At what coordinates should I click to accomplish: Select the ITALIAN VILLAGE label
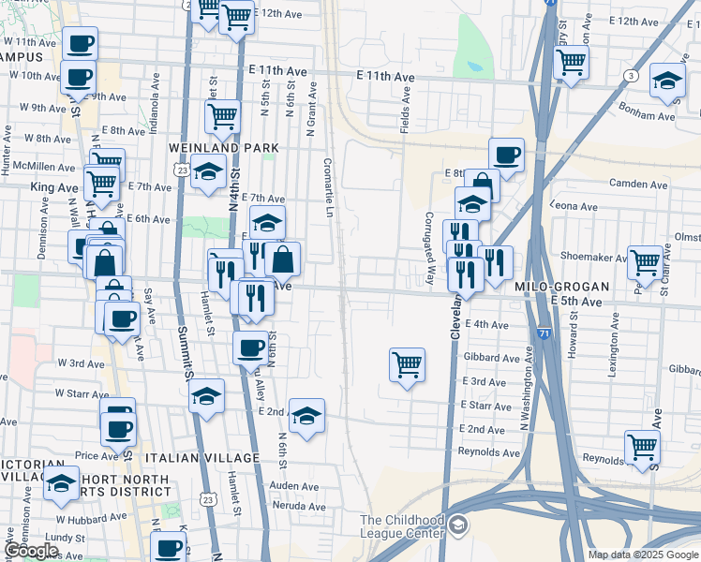(201, 457)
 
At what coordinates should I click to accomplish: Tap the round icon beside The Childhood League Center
(458, 525)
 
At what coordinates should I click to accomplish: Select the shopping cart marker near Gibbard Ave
(407, 363)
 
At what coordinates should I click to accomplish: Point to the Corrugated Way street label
(431, 248)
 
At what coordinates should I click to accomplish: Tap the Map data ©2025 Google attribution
(643, 555)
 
